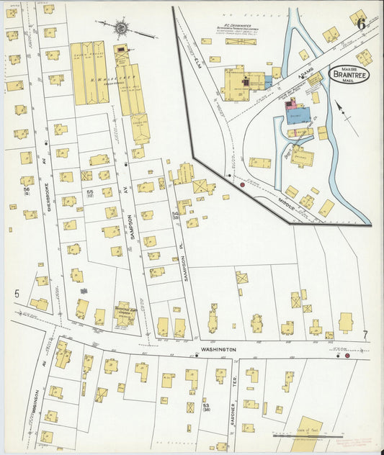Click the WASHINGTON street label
pos(218,348)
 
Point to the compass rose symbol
pos(122,30)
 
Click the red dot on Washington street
pos(347,355)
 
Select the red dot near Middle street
pos(242,184)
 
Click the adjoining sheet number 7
pos(365,335)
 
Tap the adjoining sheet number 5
pos(16,293)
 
